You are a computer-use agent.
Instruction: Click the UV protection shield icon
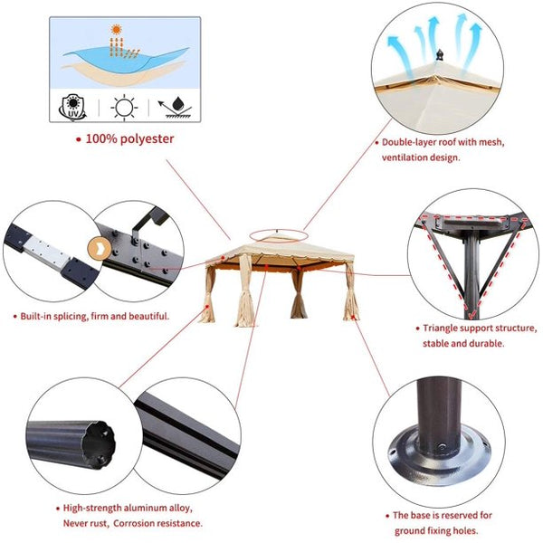click(x=72, y=107)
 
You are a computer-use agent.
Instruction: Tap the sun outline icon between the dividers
click(x=124, y=108)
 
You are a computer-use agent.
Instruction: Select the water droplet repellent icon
click(x=176, y=108)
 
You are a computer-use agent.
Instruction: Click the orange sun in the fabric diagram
click(x=117, y=29)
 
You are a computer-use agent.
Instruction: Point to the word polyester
click(x=148, y=139)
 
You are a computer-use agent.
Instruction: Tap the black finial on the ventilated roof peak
click(x=440, y=54)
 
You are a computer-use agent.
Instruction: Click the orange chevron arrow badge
click(x=99, y=248)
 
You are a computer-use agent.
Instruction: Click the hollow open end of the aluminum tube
click(x=100, y=444)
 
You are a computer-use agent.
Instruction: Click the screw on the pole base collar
click(x=443, y=446)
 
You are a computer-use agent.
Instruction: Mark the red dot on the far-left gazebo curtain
click(x=207, y=307)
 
